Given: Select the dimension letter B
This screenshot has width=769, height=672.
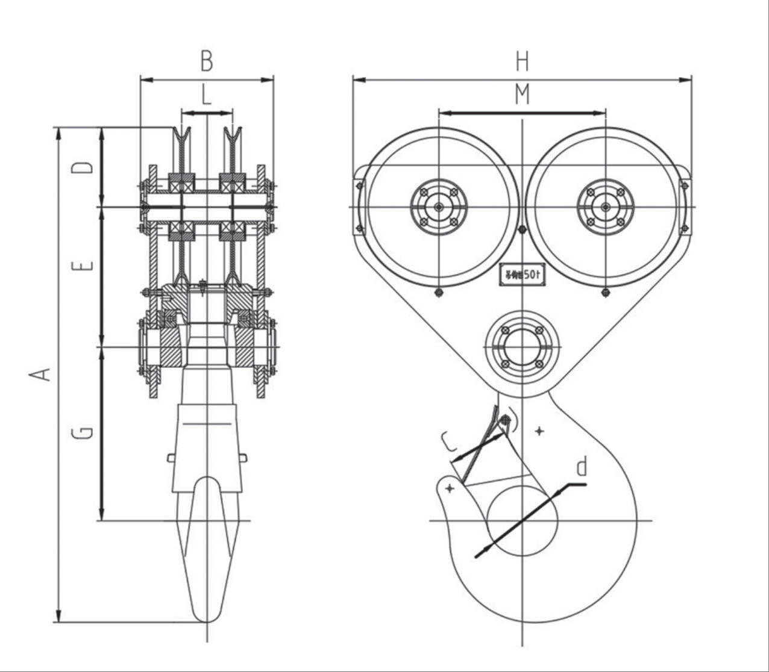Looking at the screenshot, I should click(x=207, y=61).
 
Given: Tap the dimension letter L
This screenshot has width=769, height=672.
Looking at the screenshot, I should click(x=207, y=95).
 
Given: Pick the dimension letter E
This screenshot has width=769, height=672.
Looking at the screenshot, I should click(x=86, y=266).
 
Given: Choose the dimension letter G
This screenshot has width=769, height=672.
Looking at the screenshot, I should click(x=86, y=432).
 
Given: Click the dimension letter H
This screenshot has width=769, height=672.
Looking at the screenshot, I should click(x=522, y=61).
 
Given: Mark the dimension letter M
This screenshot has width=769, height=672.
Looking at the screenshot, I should click(x=522, y=95).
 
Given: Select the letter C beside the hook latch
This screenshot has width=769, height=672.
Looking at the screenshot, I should click(x=450, y=443).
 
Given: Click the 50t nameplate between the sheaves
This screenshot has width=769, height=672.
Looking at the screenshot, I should click(x=522, y=275).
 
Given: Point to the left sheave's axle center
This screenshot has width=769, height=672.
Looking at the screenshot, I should click(x=439, y=207).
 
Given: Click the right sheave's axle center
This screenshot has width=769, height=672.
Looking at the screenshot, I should click(x=605, y=207).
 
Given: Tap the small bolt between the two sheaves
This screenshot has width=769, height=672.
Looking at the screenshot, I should click(x=522, y=229).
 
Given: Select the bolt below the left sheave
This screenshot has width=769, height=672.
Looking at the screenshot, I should click(x=439, y=293).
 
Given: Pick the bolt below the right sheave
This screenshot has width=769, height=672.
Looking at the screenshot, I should click(x=605, y=293).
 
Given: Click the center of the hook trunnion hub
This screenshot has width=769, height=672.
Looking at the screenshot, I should click(x=522, y=347).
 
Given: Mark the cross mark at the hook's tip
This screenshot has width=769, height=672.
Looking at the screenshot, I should click(x=450, y=489).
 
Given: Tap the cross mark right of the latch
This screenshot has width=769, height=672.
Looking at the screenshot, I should click(x=539, y=431).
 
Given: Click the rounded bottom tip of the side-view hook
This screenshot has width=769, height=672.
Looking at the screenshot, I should click(x=207, y=619).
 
